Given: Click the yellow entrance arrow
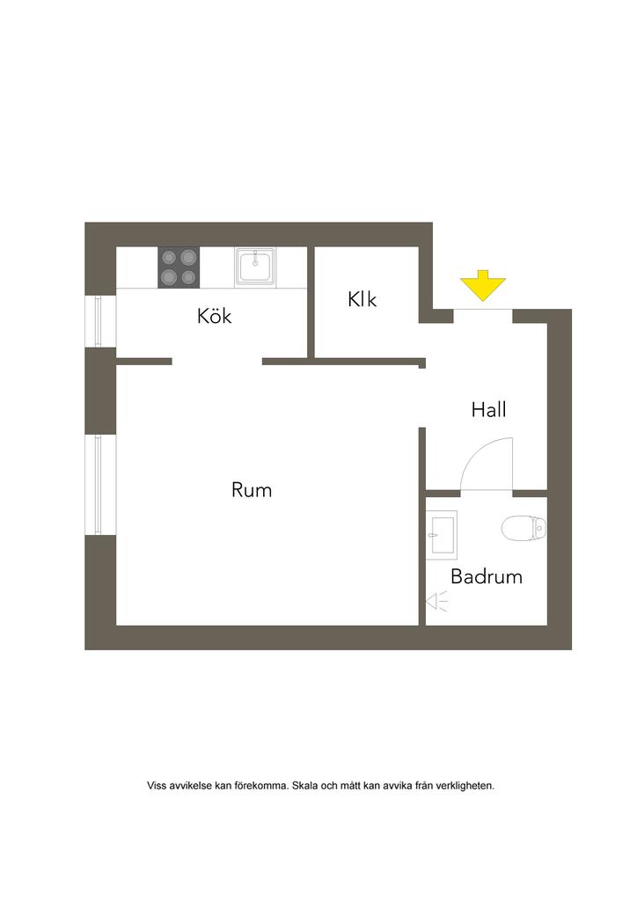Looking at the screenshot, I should coord(483,287).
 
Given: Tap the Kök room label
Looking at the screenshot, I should coord(215,316).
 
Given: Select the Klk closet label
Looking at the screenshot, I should coord(362,300).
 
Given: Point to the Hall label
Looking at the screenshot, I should coord(488,409).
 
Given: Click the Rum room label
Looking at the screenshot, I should coord(252,490).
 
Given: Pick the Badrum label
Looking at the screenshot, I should coord(487,577).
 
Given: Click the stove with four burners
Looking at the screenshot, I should coord(179,267).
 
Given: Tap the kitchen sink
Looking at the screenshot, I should coord(255,265).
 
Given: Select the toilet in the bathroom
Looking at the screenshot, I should coord(524,528).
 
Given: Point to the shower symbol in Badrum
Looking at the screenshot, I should coord(436,601).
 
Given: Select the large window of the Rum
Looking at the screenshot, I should coord(99,484).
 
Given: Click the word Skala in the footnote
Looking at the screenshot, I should coord(307,786).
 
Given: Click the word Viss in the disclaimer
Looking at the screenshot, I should coord(156,786).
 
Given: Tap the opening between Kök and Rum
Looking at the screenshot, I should coord(216,361).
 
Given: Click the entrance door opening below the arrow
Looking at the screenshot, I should coord(483,310).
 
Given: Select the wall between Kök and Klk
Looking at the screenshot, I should coord(311,302).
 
